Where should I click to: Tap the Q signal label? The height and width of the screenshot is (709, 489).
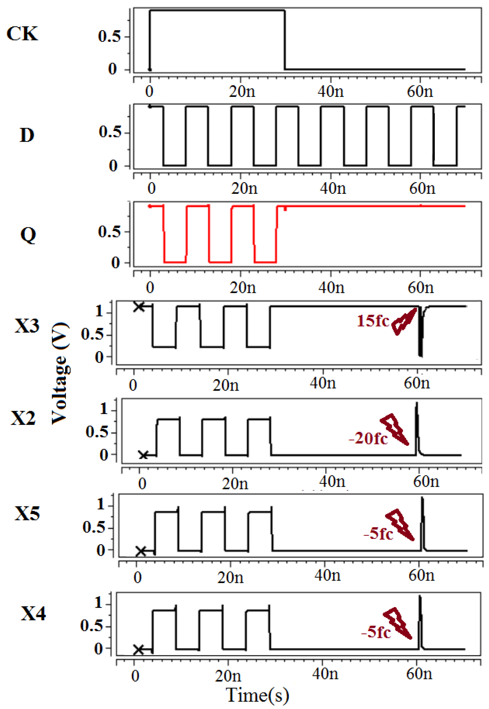click(28, 235)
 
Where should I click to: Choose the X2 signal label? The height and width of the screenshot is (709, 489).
click(23, 418)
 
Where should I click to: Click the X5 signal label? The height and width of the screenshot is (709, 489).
click(27, 513)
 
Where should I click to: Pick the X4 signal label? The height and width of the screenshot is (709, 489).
click(33, 613)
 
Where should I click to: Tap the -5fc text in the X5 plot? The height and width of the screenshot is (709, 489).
click(378, 534)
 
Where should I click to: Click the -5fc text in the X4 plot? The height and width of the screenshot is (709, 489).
click(376, 632)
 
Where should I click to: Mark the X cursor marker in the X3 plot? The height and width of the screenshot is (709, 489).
click(139, 306)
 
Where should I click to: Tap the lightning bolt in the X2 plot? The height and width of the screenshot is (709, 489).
click(395, 429)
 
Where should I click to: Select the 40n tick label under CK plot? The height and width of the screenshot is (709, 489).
click(330, 91)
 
